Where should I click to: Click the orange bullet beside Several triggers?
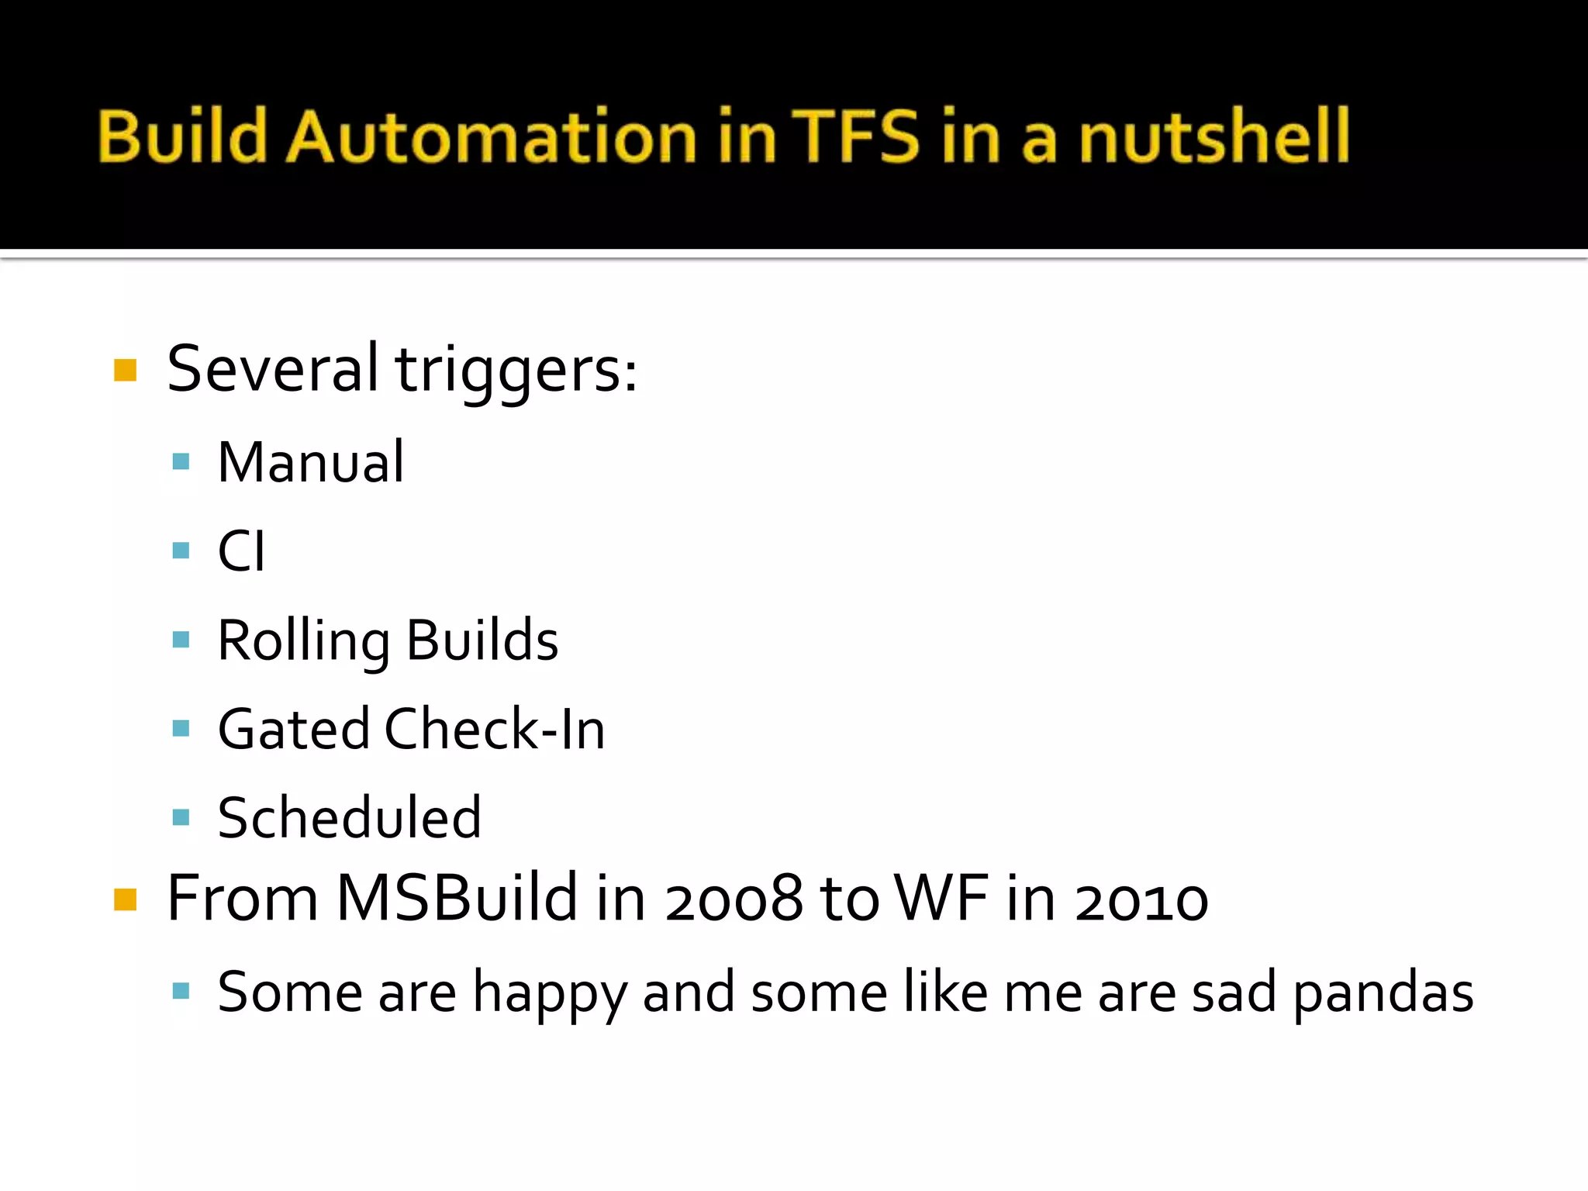pyautogui.click(x=125, y=370)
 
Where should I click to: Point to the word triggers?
pyautogui.click(x=516, y=370)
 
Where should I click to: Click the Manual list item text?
pyautogui.click(x=310, y=462)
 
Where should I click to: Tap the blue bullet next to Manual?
pyautogui.click(x=181, y=462)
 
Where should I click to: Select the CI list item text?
pyautogui.click(x=241, y=551)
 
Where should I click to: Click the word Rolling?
pyautogui.click(x=303, y=641)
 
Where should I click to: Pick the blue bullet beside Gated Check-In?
pyautogui.click(x=181, y=728)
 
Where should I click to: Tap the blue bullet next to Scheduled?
pyautogui.click(x=181, y=816)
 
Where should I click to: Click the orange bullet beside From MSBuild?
pyautogui.click(x=125, y=899)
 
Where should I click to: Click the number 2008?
pyautogui.click(x=734, y=899)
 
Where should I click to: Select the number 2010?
pyautogui.click(x=1141, y=899)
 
